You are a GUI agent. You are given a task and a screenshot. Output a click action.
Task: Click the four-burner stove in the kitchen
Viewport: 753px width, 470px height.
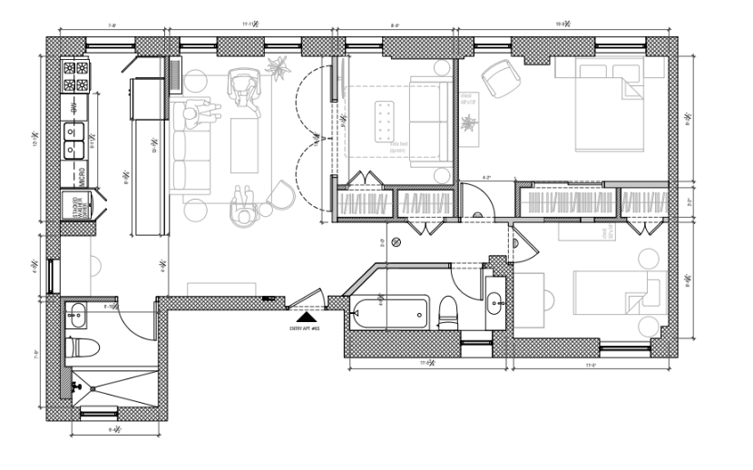75,76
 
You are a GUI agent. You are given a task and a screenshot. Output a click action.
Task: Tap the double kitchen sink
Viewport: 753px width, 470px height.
73,138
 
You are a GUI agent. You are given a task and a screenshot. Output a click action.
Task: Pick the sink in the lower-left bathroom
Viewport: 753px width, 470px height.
74,317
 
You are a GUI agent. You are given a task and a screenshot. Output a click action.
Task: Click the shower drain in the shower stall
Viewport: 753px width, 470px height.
91,389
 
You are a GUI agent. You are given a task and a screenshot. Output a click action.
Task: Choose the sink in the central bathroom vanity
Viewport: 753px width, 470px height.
495,301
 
